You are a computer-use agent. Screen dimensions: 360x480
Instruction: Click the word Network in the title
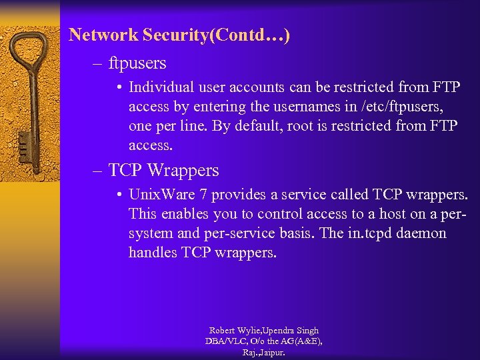102,35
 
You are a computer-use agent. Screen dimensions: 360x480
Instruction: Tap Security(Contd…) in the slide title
214,35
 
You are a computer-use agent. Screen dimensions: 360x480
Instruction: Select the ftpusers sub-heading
137,64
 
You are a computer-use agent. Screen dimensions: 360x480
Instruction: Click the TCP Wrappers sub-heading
163,171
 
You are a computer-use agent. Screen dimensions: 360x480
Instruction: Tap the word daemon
421,234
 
